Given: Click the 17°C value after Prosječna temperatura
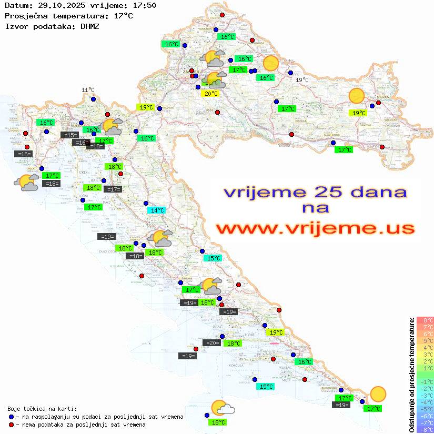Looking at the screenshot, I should (123, 16).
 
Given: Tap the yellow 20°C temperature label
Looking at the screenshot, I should (210, 94).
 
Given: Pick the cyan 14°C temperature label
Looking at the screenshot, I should (157, 210).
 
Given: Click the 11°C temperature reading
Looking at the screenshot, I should (88, 90).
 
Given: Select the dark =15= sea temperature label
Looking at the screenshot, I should (69, 135).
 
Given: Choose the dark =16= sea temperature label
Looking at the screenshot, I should (81, 143).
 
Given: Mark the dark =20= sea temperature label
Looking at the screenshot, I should (213, 343).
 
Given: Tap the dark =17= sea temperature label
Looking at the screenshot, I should (114, 189).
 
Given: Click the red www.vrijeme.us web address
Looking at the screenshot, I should (315, 228).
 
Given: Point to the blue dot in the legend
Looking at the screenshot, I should (12, 417).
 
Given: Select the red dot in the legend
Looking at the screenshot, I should (12, 425).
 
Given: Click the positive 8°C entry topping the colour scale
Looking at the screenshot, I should (425, 320).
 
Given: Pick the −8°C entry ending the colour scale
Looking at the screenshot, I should (425, 429).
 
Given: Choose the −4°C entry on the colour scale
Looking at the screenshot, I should (425, 402).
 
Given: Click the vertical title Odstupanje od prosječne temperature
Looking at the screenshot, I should (412, 374).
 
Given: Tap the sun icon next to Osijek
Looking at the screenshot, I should (357, 96).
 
